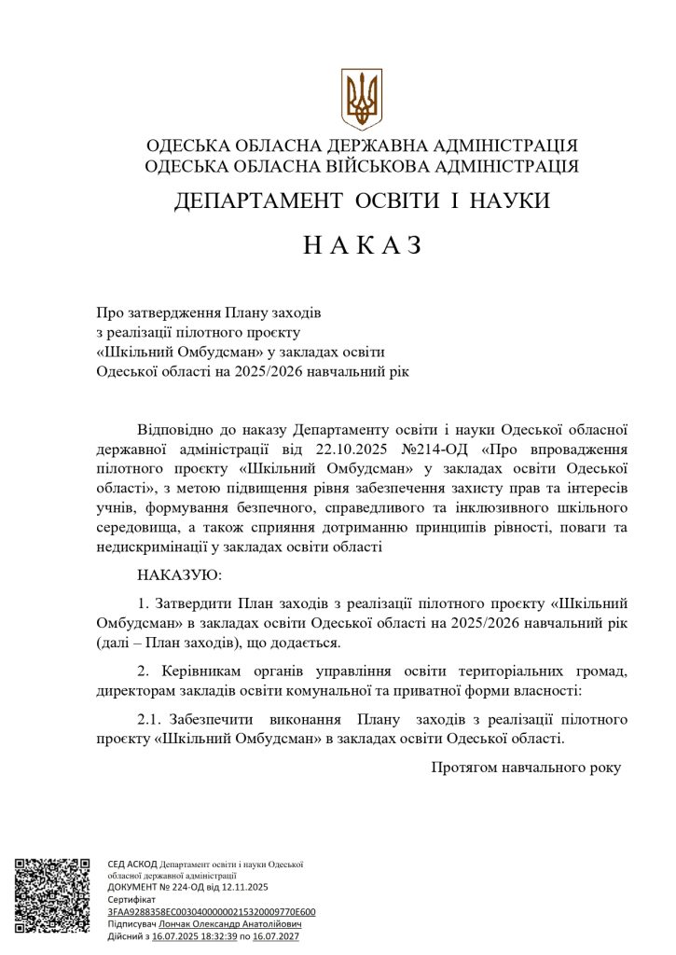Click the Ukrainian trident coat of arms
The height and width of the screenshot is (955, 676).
(362, 98)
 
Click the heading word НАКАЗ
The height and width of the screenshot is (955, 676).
(363, 245)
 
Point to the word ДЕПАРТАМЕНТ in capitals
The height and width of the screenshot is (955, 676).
(250, 201)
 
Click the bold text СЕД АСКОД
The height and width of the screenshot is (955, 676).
(131, 865)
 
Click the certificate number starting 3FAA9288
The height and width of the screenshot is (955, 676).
(212, 911)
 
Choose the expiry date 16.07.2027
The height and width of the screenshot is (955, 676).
(276, 934)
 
